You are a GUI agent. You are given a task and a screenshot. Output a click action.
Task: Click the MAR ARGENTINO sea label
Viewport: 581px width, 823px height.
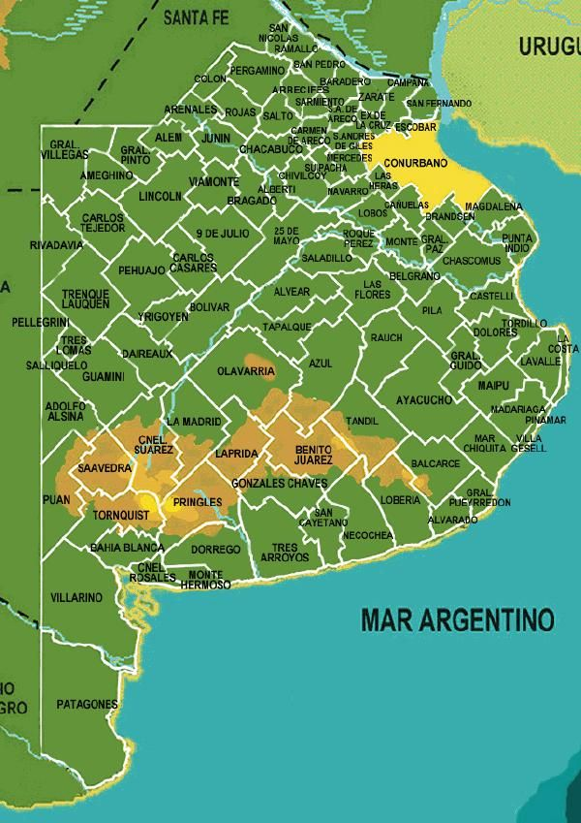[457, 618]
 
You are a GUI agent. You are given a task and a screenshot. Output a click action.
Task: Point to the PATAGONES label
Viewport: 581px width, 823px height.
[86, 704]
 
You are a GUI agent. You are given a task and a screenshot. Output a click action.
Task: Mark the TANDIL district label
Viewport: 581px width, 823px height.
[362, 421]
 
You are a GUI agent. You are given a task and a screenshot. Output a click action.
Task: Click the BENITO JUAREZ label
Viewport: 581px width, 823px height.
[313, 454]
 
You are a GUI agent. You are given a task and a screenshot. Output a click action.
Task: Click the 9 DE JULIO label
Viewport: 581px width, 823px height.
[222, 234]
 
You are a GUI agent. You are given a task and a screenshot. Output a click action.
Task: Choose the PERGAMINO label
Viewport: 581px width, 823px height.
[257, 71]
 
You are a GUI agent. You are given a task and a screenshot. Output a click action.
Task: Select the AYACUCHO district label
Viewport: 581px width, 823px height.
[424, 399]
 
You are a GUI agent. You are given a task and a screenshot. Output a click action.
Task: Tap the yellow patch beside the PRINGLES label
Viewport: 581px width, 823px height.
[177, 503]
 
